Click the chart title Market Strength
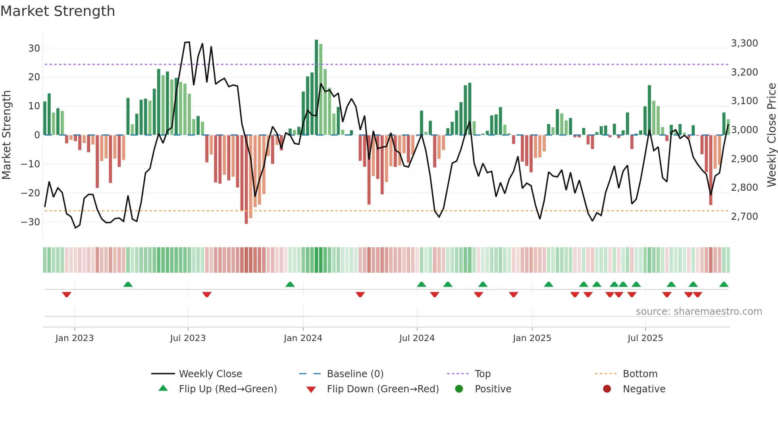point(58,11)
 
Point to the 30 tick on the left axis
point(34,48)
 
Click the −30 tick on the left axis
point(31,222)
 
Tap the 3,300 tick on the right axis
point(744,43)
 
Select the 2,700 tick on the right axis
point(744,217)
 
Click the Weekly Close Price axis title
point(771,135)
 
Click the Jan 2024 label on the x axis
point(303,338)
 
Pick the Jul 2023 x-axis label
point(188,338)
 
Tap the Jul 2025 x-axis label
point(645,338)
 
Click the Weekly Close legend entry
point(210,374)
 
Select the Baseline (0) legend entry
point(355,374)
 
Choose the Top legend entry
point(483,374)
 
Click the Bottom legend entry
point(640,374)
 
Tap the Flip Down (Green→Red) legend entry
point(383,389)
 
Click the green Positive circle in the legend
point(459,389)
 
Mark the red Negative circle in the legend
point(607,389)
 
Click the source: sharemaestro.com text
point(699,312)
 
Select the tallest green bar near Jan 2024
point(316,87)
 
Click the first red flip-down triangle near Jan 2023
point(67,295)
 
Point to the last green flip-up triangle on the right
point(724,284)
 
